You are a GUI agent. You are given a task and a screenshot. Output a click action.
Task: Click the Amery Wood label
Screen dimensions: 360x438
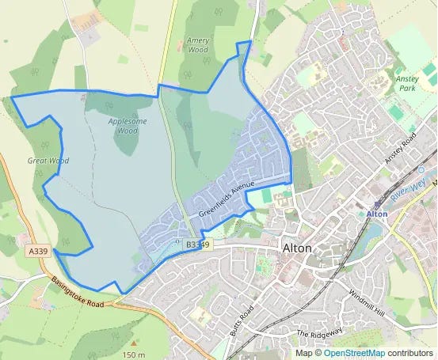[198, 44]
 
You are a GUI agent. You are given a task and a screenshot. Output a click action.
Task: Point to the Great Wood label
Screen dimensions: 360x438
[48, 161]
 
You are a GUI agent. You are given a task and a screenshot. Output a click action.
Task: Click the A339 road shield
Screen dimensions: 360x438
[36, 251]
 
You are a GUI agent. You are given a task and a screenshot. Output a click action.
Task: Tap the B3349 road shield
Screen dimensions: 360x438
[198, 245]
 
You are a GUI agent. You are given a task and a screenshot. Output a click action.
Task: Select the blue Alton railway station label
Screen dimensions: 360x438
[377, 214]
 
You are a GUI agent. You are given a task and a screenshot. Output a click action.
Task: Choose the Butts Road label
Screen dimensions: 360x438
[243, 320]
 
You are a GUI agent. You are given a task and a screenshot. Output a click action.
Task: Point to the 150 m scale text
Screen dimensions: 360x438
[134, 354]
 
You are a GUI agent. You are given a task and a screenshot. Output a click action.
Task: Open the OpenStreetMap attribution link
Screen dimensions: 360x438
[354, 353]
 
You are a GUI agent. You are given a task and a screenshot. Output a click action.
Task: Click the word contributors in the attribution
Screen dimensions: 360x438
[410, 353]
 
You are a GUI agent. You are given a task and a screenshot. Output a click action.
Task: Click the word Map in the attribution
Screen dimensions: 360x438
[303, 353]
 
